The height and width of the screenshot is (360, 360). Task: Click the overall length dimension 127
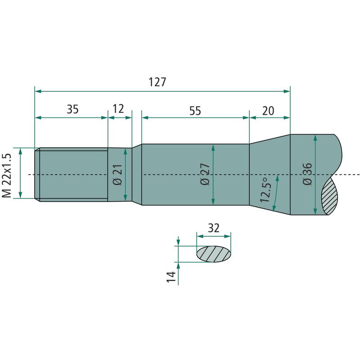(x=157, y=82)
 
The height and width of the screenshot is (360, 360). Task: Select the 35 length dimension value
(x=72, y=109)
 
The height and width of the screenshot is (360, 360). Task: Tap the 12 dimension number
(x=118, y=108)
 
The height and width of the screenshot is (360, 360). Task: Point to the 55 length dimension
(x=195, y=111)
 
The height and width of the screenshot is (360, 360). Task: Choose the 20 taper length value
(x=268, y=111)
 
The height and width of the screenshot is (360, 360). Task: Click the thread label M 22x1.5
(x=6, y=175)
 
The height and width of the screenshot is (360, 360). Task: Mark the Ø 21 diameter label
(x=117, y=175)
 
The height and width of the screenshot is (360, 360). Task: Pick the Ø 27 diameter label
(x=205, y=174)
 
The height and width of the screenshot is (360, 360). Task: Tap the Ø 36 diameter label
(x=307, y=174)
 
